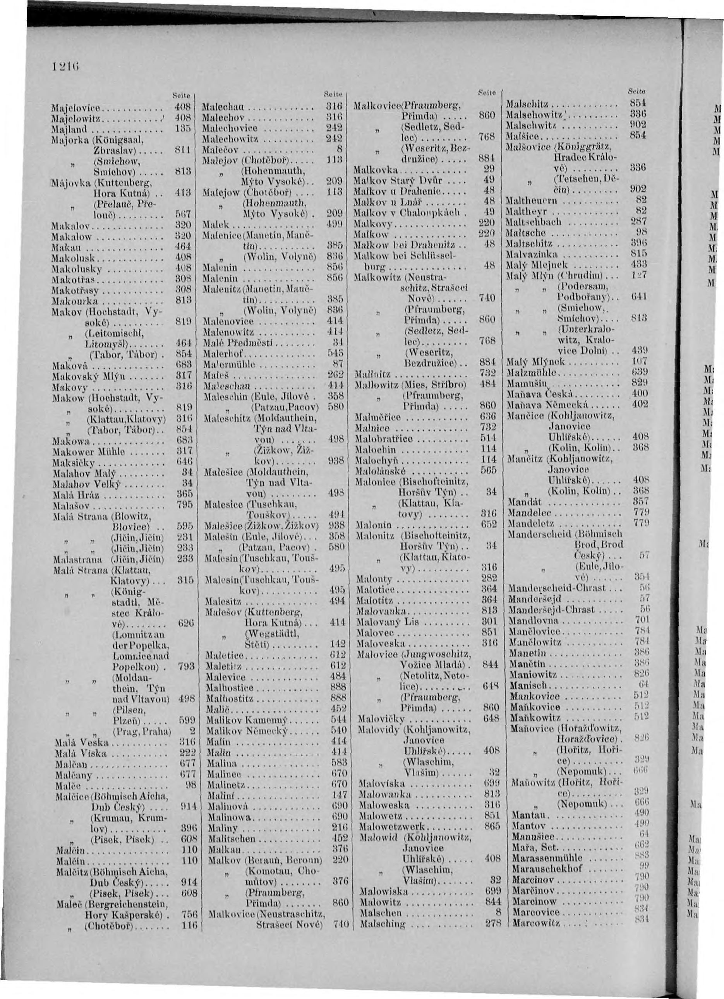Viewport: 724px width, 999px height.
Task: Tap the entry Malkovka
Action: [x=377, y=170]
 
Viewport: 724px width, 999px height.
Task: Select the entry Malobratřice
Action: [x=384, y=439]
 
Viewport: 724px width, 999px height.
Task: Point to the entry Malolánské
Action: [x=380, y=470]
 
